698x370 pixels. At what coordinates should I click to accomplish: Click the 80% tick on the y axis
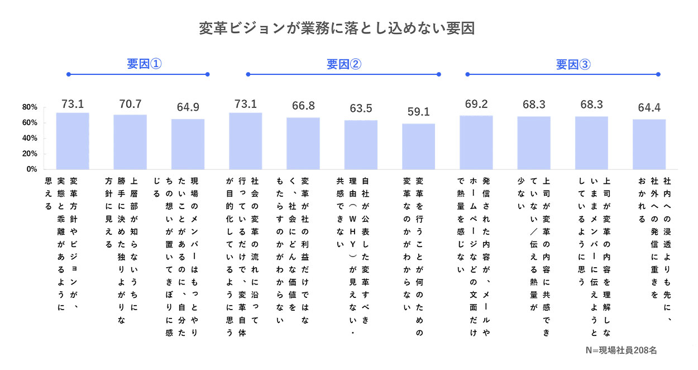[x=30, y=107]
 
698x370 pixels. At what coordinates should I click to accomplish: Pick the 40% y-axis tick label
[x=30, y=138]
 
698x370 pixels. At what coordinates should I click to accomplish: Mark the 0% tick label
[x=31, y=169]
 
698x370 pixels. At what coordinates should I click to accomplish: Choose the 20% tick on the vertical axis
[x=30, y=154]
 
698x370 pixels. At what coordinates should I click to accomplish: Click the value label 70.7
[x=130, y=104]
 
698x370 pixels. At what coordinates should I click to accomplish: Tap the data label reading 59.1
[x=418, y=112]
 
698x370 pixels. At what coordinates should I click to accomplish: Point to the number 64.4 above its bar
[x=649, y=108]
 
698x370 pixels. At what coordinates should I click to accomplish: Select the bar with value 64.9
[x=188, y=144]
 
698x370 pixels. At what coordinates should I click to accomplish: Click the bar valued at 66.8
[x=303, y=143]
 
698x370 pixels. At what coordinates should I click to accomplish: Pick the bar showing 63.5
[x=361, y=145]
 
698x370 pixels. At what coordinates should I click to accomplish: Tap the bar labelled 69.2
[x=476, y=142]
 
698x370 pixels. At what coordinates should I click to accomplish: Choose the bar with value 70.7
[x=130, y=141]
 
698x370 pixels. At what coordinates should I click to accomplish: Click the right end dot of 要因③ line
[x=659, y=74]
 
